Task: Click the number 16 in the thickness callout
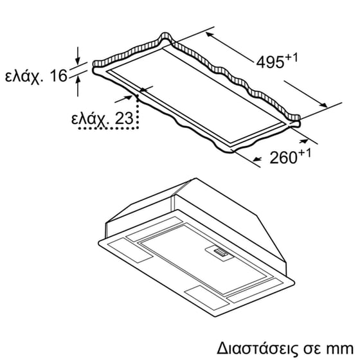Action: [x=58, y=76]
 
